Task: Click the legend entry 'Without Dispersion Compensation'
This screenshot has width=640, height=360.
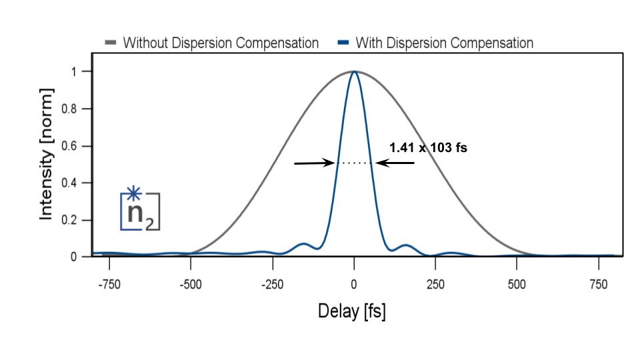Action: pyautogui.click(x=221, y=43)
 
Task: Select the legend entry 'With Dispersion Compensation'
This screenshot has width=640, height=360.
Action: pyautogui.click(x=444, y=43)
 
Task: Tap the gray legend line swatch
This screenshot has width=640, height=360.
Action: pyautogui.click(x=111, y=43)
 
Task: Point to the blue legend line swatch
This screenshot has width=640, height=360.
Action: pyautogui.click(x=343, y=43)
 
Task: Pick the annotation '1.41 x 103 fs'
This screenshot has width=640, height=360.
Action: pyautogui.click(x=428, y=148)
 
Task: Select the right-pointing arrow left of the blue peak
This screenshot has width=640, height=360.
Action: pyautogui.click(x=315, y=163)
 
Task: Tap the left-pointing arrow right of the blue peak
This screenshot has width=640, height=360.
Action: pyautogui.click(x=395, y=163)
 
